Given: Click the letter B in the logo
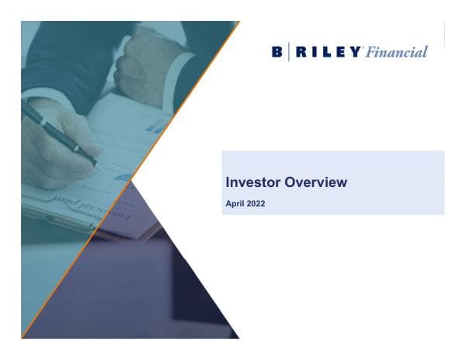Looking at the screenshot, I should pos(277,52).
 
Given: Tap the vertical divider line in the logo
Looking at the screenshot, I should pos(290,52).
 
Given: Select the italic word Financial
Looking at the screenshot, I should pos(398,52).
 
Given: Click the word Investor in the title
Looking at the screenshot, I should pos(249,182).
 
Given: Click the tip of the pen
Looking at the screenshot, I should pos(98,164).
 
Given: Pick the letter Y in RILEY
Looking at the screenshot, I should pos(356,52).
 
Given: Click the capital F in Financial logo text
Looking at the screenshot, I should pos(372,52).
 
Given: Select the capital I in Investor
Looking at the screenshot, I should pos(227,182).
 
